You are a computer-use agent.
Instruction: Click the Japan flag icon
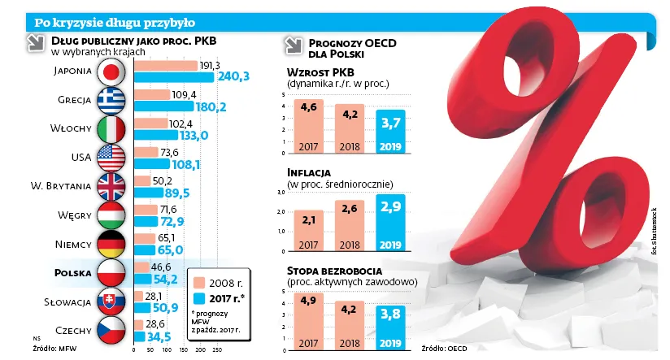pos(110,72)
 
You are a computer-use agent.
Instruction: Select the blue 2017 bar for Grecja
pos(163,106)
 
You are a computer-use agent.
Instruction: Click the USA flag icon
pos(110,157)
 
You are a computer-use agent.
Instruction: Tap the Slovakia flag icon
pos(110,301)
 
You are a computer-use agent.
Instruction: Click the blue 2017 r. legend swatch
pos(198,298)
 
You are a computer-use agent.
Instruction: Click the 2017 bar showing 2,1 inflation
pos(307,232)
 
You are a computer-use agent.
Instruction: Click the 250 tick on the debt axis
pos(217,349)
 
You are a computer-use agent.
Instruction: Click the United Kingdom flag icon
pos(110,186)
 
